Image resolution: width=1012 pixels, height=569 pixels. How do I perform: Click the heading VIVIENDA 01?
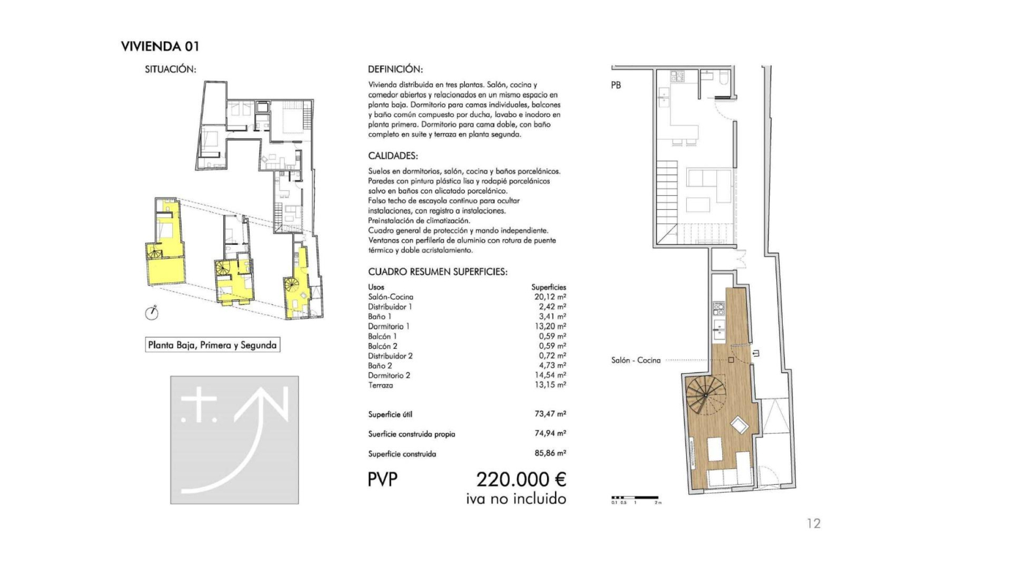tap(160, 46)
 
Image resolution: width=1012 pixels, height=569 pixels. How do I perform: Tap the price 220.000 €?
tap(521, 480)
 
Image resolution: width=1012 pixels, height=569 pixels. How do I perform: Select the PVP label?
tap(382, 480)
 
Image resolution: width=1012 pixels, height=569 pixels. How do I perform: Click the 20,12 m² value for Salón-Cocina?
tap(550, 297)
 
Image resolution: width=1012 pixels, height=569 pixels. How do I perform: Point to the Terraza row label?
tap(381, 385)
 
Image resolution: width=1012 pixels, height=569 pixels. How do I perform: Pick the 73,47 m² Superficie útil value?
tap(550, 414)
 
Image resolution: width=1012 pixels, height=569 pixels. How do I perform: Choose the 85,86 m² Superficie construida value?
tap(550, 453)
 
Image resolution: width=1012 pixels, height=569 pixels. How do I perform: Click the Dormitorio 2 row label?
tap(389, 376)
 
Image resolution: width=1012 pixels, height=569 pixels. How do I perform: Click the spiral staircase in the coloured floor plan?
tap(705, 395)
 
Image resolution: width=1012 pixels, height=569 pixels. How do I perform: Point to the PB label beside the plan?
tap(616, 86)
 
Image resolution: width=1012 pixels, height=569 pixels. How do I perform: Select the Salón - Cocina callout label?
tap(636, 361)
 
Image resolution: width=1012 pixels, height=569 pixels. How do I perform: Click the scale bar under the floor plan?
tap(635, 498)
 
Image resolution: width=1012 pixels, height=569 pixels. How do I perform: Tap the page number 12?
tap(814, 523)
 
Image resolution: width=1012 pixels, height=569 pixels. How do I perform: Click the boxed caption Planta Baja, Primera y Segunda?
tap(212, 346)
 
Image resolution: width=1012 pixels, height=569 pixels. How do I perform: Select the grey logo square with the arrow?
tap(234, 440)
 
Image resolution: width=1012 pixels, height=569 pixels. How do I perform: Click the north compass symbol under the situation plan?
tap(151, 313)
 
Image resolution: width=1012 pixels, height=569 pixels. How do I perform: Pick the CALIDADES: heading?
tap(392, 156)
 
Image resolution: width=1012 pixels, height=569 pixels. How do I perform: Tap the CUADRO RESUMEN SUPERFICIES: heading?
tap(437, 272)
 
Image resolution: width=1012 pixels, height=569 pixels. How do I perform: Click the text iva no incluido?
tap(516, 499)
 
